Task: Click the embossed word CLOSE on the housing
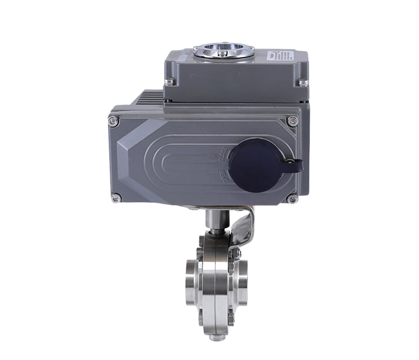click(x=221, y=155)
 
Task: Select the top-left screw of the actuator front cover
click(x=114, y=121)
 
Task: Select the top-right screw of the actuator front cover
click(x=292, y=121)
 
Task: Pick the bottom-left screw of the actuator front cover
click(x=115, y=198)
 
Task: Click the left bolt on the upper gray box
click(x=169, y=83)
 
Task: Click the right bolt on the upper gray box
click(x=303, y=83)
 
